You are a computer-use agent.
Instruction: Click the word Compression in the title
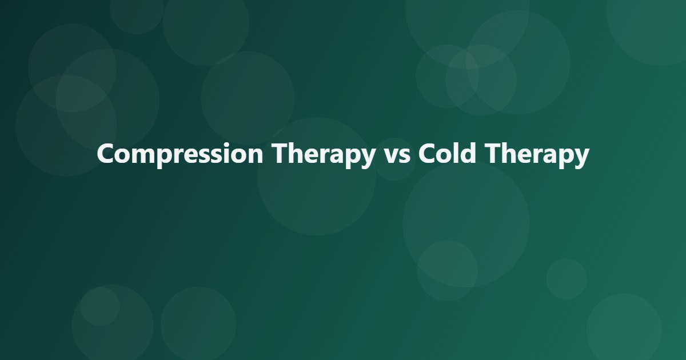180,155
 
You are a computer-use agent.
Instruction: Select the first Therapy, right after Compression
324,155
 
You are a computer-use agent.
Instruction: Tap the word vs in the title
396,157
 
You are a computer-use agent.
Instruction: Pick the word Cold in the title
448,153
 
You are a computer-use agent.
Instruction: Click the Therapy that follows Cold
537,155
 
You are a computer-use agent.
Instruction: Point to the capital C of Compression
106,153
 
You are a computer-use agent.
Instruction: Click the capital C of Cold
428,153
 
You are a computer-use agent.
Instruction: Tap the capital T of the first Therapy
281,153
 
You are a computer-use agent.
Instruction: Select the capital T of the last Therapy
494,153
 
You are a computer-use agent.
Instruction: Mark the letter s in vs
405,157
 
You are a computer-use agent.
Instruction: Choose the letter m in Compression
146,157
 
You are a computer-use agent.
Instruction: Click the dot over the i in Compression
226,145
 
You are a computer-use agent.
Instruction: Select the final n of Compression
256,157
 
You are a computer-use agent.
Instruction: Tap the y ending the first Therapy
367,159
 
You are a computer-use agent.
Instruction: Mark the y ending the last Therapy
581,159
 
